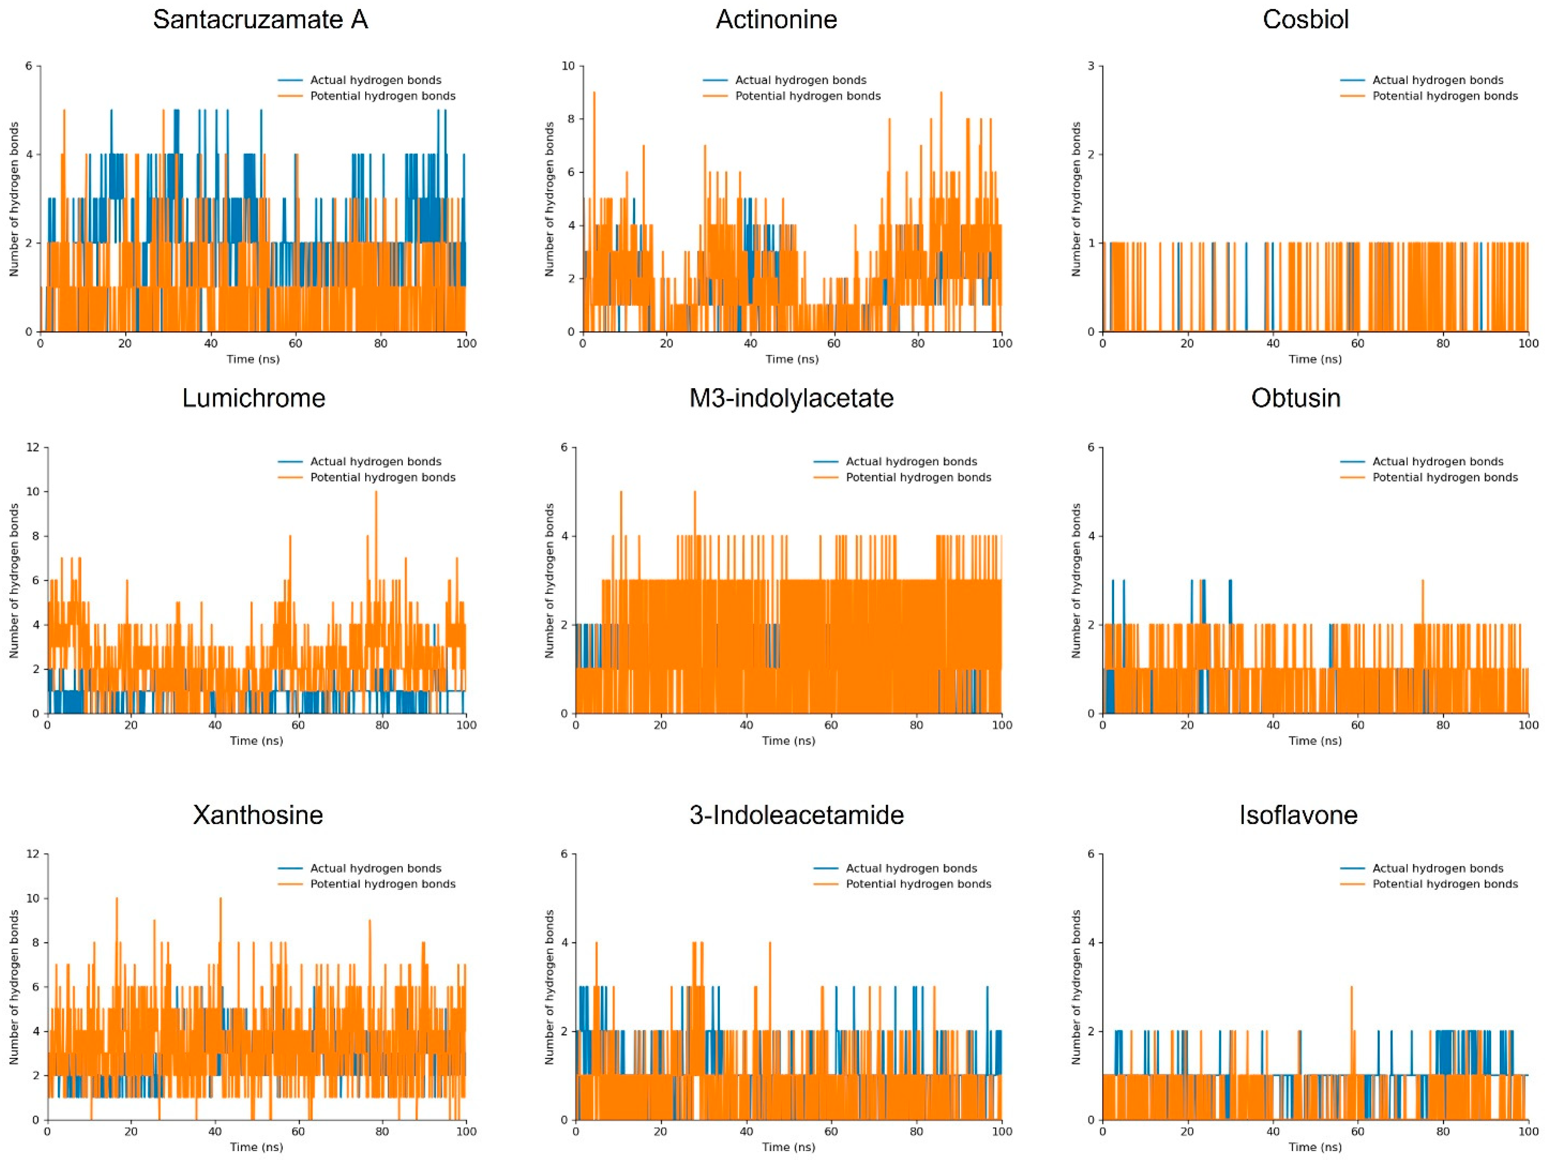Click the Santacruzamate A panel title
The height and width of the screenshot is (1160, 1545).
coord(260,20)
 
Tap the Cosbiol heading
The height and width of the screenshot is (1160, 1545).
coord(1305,20)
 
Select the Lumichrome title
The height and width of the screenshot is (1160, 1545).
coord(254,398)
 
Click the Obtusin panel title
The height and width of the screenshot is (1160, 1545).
coord(1296,398)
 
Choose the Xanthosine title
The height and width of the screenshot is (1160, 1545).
coord(258,815)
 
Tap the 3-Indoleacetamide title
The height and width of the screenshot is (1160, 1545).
coord(796,815)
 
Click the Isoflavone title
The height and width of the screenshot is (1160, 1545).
coord(1298,815)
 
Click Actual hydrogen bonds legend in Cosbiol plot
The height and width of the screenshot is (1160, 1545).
coord(1437,81)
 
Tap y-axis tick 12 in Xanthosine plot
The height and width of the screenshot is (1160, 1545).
coord(32,854)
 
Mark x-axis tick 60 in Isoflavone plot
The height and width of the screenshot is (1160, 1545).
coord(1357,1131)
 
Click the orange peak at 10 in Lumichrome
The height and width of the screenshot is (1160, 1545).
coord(376,493)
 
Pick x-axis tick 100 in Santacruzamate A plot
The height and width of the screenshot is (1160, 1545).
coord(466,343)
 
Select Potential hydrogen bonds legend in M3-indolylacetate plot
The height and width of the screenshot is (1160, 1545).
coord(918,477)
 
